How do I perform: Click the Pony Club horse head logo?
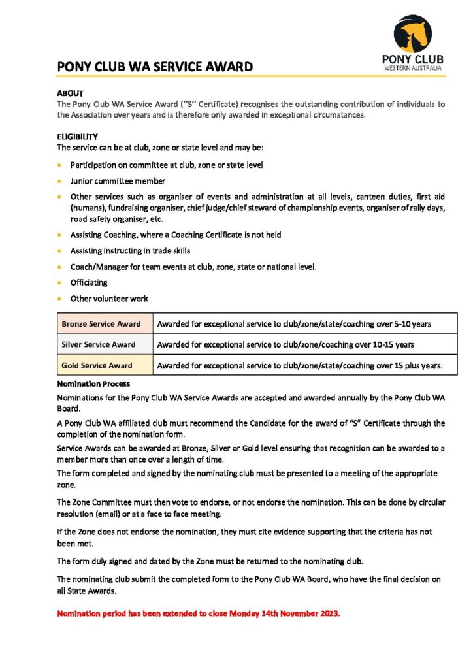point(413,34)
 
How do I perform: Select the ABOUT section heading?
point(70,94)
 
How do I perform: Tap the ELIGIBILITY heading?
point(77,137)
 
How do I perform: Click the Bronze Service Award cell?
point(101,324)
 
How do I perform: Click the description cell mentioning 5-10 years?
point(294,324)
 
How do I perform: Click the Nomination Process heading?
point(93,384)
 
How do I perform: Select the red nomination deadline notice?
point(199,613)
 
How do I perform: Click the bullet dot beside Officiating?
point(61,283)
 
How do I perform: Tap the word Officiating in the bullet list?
point(89,283)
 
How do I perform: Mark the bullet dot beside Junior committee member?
point(61,181)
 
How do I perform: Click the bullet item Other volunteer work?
point(109,299)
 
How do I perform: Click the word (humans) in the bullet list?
point(87,208)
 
